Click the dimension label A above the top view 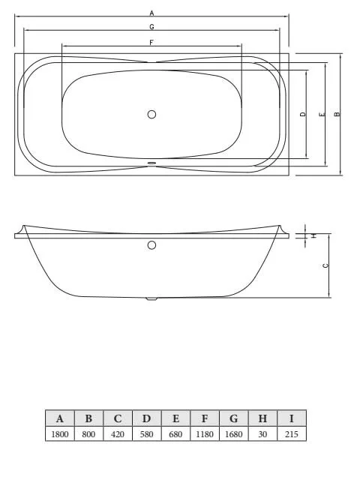click(x=151, y=13)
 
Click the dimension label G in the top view click(x=151, y=26)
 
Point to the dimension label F click(x=151, y=43)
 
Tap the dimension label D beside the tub click(x=302, y=115)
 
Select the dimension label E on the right click(x=321, y=115)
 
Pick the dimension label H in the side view click(x=313, y=235)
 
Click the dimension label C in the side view click(x=324, y=265)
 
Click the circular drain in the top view click(x=151, y=115)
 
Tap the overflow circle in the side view click(x=151, y=245)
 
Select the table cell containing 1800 click(x=59, y=433)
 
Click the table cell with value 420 click(x=117, y=433)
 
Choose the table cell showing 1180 click(x=205, y=433)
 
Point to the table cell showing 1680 click(x=234, y=433)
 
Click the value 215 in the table click(x=292, y=433)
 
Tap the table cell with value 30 click(x=262, y=433)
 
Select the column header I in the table click(x=292, y=418)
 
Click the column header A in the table click(x=59, y=418)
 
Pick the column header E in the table click(x=175, y=418)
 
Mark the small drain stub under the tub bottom click(x=151, y=298)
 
